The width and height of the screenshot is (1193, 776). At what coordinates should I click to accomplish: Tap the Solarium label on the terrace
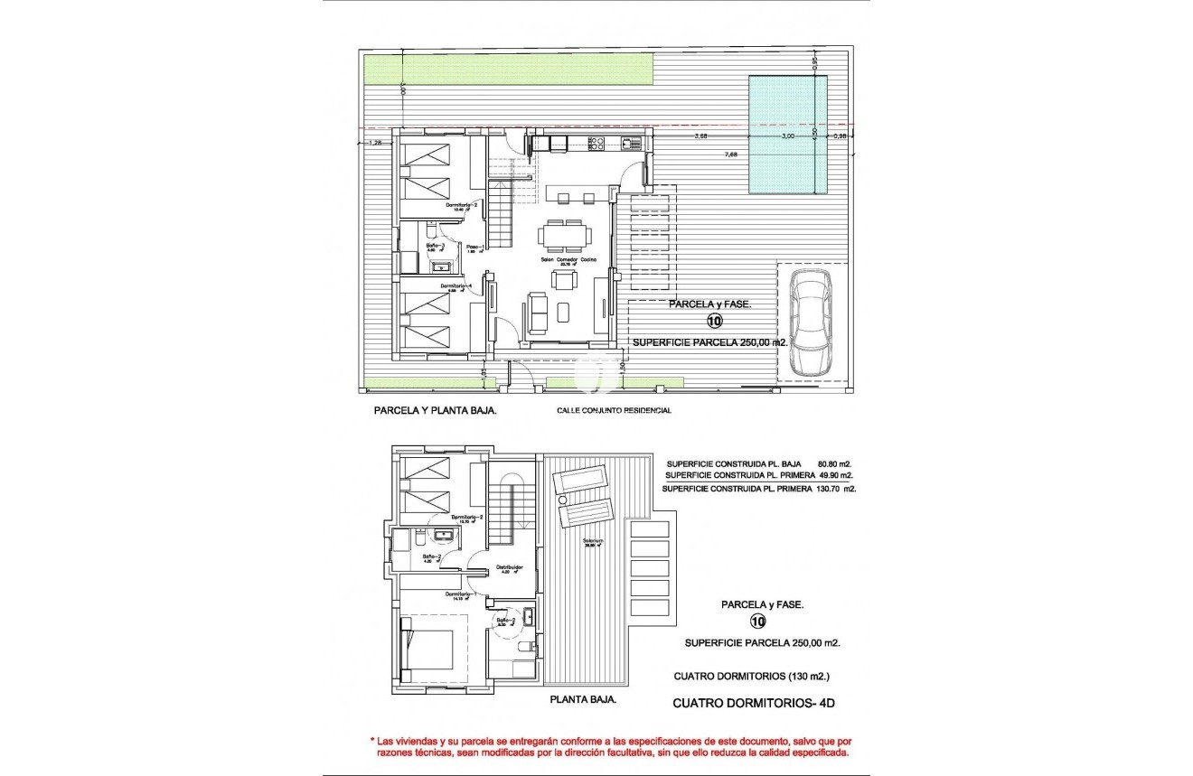coord(593,543)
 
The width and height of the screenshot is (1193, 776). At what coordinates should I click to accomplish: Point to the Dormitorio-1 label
coord(462,594)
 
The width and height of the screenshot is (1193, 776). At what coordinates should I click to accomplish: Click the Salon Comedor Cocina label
coord(565,258)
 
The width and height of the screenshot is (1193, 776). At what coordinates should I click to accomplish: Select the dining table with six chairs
coord(565,236)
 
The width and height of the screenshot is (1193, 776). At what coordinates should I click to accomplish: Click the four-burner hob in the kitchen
coord(596,142)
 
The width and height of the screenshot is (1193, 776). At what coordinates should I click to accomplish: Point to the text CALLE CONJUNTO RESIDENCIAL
coord(614,410)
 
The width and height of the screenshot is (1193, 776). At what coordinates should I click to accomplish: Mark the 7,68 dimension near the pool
coord(730,154)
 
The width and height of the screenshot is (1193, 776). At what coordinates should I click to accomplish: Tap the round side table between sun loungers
coord(562,499)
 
